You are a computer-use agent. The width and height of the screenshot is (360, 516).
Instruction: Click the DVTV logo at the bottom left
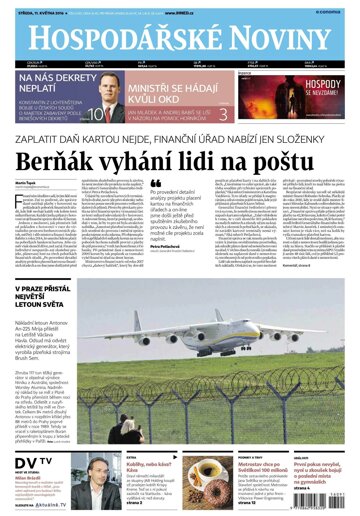point(28,459)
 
